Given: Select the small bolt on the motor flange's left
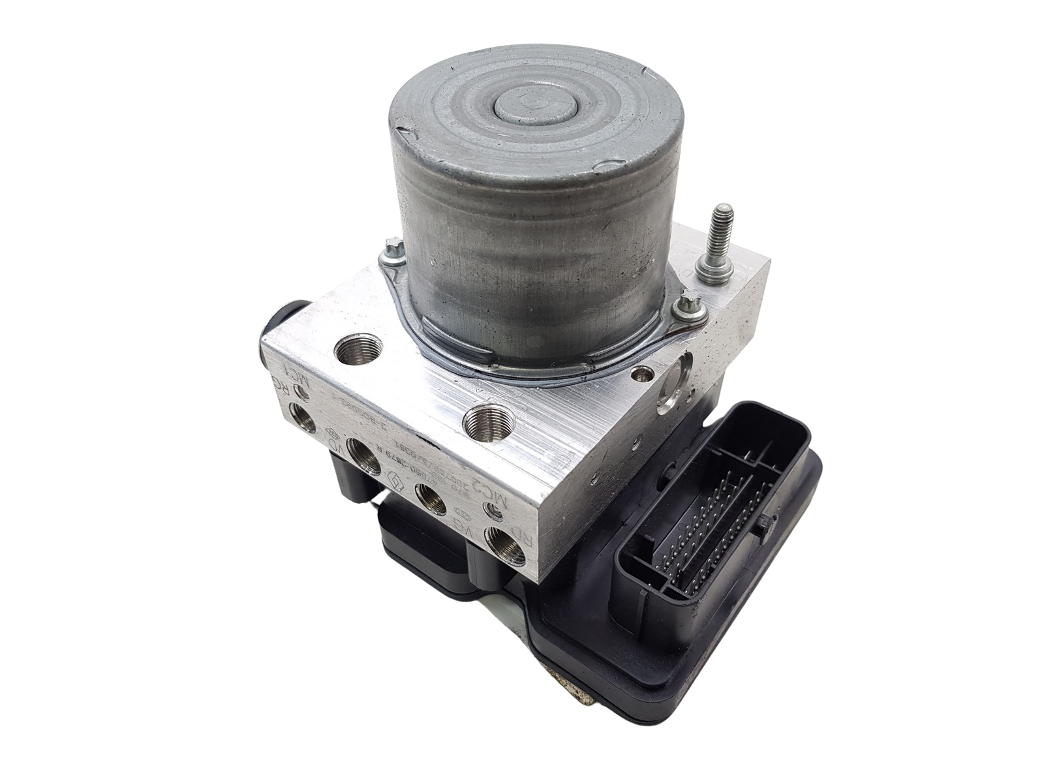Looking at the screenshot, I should click(x=392, y=247).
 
